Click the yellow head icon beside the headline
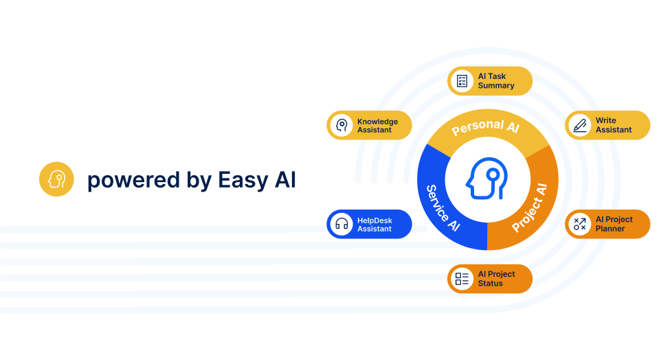click(56, 179)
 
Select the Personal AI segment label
click(485, 128)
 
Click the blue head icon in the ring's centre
click(487, 180)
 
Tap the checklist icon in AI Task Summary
click(462, 81)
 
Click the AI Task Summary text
click(496, 81)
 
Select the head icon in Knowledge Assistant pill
click(341, 125)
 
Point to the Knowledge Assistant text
click(377, 126)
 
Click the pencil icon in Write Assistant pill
click(581, 125)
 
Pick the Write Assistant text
click(614, 125)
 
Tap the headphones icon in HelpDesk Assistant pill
click(341, 224)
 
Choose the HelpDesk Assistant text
click(374, 224)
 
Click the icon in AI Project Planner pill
click(581, 224)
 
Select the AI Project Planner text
click(614, 224)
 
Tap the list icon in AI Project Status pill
click(462, 279)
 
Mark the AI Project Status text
click(497, 279)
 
